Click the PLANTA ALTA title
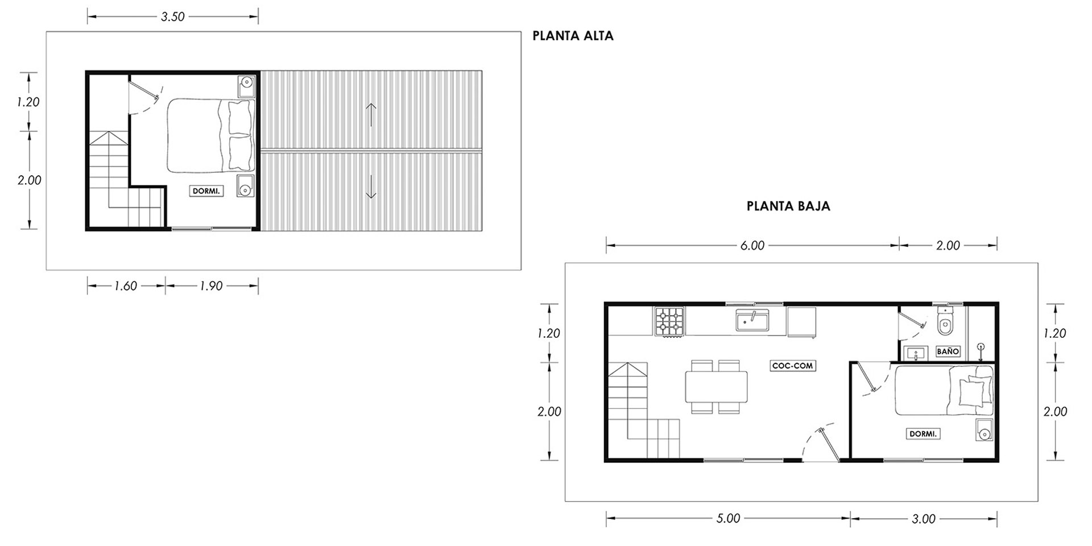573,36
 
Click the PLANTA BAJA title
788,206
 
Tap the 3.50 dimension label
173,17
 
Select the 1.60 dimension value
126,286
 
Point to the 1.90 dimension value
211,286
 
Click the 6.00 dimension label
752,246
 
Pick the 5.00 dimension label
729,519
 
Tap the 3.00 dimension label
924,519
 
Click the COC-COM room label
793,366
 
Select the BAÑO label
948,351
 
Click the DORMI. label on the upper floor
206,191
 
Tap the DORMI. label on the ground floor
923,434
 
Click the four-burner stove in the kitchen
670,322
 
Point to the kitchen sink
752,320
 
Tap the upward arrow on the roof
371,115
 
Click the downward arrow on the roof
371,187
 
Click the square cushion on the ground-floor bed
971,392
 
